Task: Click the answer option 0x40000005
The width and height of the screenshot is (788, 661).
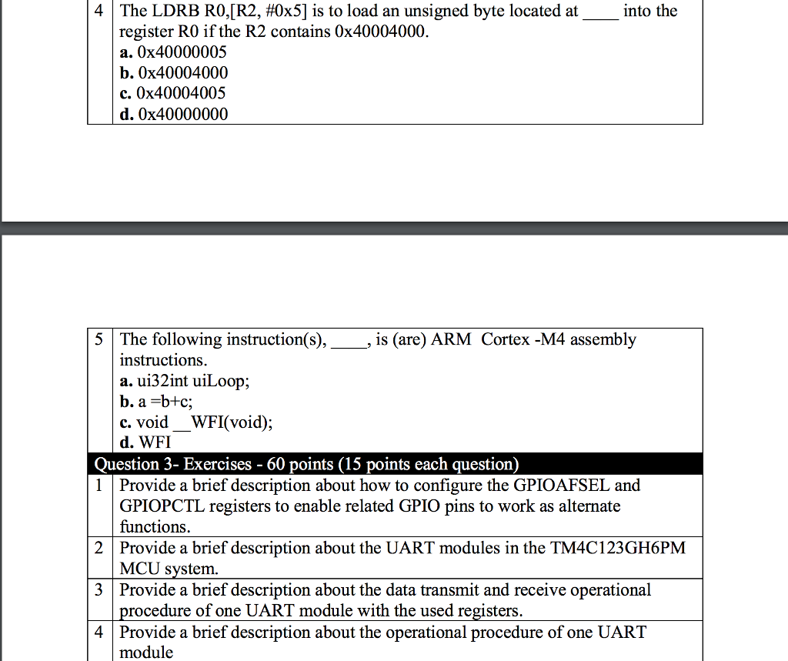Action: coord(182,53)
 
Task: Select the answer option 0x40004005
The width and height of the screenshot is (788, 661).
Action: coord(182,94)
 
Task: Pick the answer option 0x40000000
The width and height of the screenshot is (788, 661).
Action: coord(182,115)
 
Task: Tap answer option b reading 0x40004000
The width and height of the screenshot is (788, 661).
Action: coord(182,74)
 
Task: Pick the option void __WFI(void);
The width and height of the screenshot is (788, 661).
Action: coord(204,422)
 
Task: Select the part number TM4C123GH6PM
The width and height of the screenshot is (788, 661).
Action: coord(618,549)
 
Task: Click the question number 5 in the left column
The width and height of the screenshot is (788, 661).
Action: coord(100,340)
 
